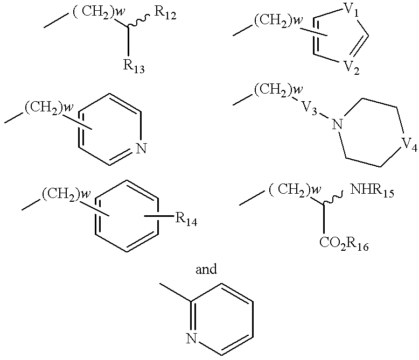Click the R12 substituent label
[165, 13]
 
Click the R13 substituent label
[134, 66]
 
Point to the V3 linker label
[310, 108]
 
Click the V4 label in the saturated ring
[409, 145]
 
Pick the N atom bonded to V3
[337, 124]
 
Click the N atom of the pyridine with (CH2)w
[141, 148]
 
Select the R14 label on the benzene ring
[186, 220]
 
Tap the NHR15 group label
[372, 191]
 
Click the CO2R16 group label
[344, 244]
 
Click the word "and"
[206, 269]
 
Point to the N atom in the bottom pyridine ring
[192, 339]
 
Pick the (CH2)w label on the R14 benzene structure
[66, 194]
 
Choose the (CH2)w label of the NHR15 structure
[295, 190]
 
